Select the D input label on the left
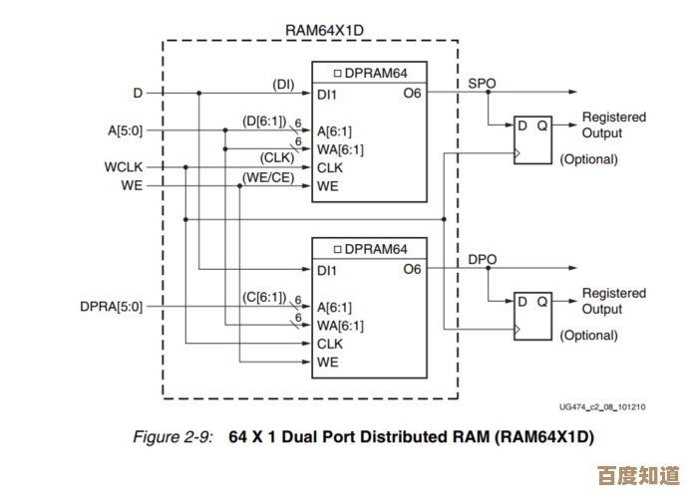tap(138, 93)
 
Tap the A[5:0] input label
tap(126, 130)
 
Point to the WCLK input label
tap(124, 167)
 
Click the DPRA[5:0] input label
tap(112, 306)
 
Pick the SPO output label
tap(483, 84)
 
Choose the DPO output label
tap(483, 260)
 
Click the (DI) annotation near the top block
tap(283, 85)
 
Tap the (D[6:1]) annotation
tap(264, 122)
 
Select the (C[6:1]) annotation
tap(264, 298)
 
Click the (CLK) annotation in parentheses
tap(276, 158)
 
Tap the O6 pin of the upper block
tap(413, 94)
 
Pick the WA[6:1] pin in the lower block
tap(340, 326)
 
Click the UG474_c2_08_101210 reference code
tap(602, 406)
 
